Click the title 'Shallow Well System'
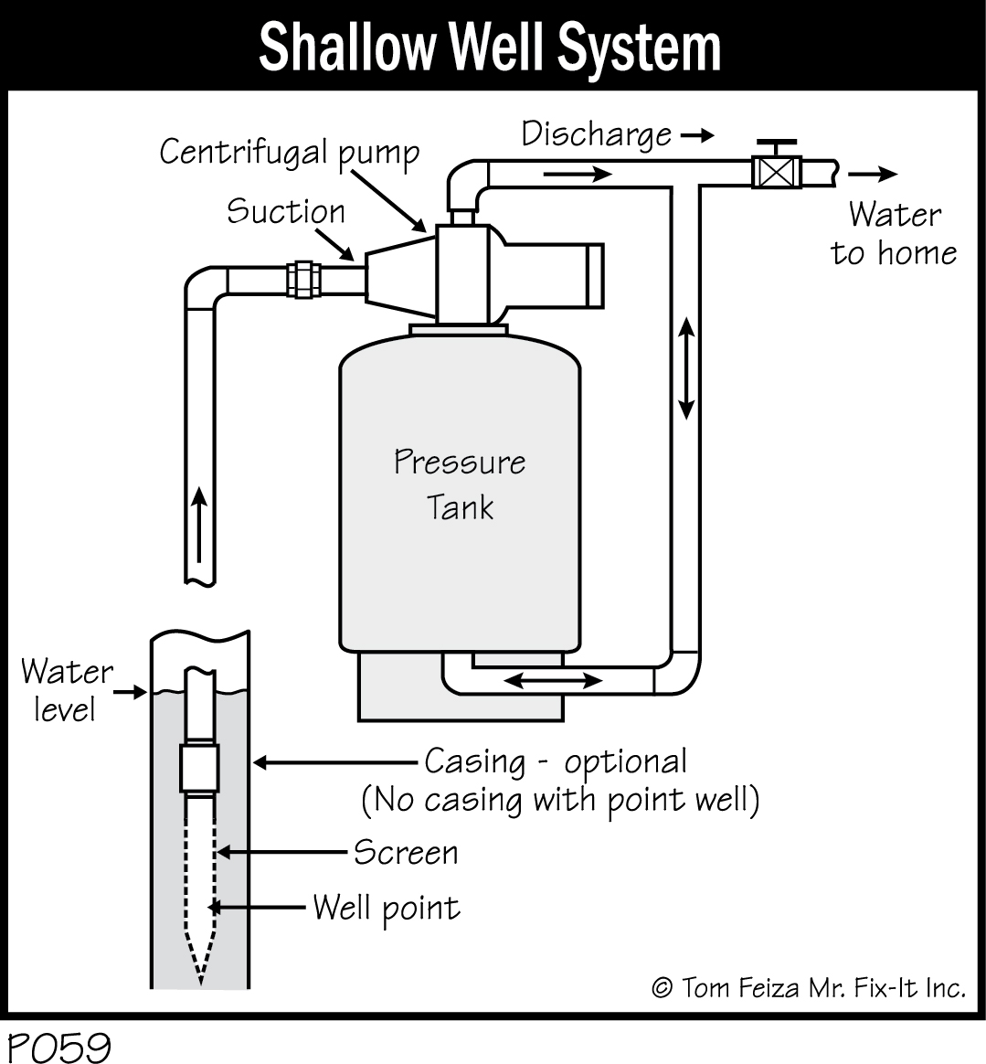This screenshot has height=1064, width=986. tap(491, 47)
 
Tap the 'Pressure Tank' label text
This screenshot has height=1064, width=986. tap(460, 484)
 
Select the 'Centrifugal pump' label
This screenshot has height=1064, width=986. tap(289, 152)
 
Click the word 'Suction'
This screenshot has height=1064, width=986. tap(286, 211)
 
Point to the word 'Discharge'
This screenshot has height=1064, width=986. tap(597, 134)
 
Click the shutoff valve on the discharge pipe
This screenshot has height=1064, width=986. tap(776, 170)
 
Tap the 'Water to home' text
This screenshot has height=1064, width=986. tap(894, 233)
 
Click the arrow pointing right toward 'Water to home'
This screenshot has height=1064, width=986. tap(874, 174)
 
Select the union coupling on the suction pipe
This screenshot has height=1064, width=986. tap(302, 279)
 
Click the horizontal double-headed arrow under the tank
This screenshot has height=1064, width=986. tap(554, 680)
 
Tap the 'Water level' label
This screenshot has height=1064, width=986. tap(66, 689)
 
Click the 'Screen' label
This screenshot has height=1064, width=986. tap(406, 852)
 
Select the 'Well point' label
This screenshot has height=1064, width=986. tap(386, 908)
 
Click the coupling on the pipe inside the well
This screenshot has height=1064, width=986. tap(200, 768)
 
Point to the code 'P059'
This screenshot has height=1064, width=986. tap(58, 1047)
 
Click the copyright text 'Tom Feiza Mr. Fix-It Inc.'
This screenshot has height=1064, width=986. tap(808, 987)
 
